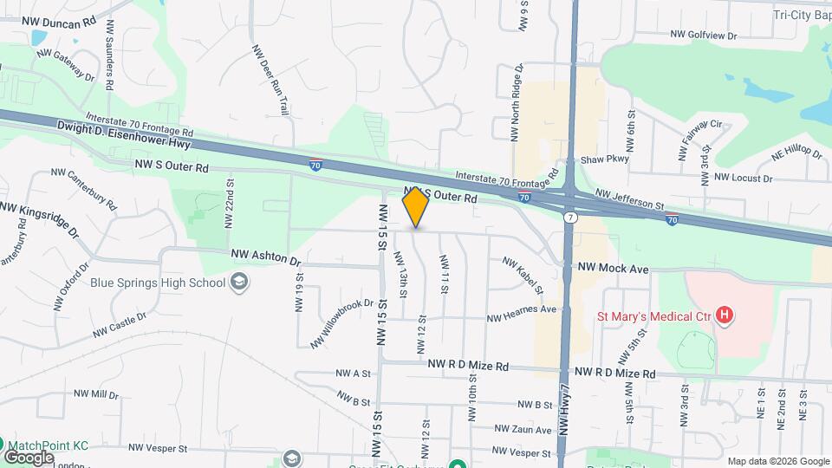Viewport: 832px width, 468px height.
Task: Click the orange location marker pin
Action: coord(416,207)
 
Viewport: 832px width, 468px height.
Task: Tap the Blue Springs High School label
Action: coord(158,283)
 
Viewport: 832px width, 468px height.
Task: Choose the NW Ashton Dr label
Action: coord(265,258)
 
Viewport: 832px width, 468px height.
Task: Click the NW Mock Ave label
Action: coord(614,270)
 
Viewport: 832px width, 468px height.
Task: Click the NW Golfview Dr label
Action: coord(703,36)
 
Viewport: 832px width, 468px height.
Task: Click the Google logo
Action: coord(29,457)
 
